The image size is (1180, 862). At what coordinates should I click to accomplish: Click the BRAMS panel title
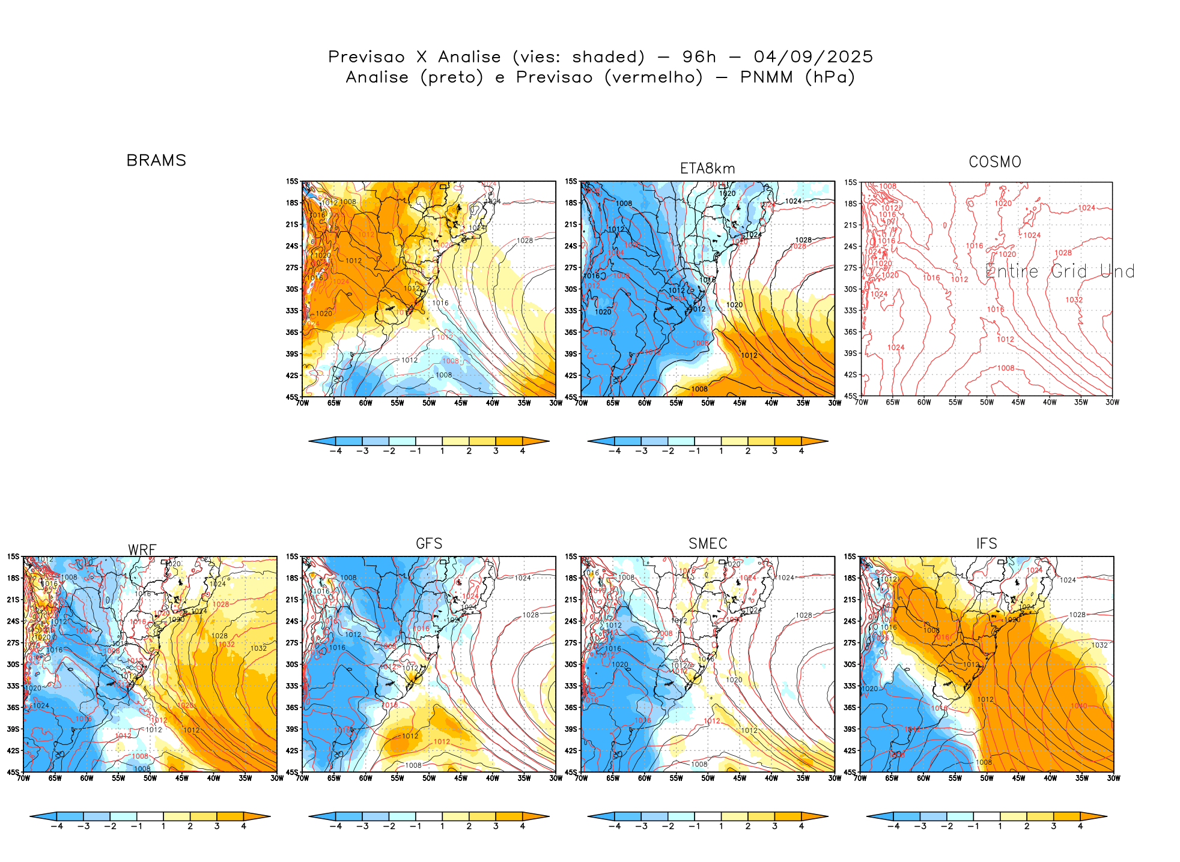pyautogui.click(x=156, y=160)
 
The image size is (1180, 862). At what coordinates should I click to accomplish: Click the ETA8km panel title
pyautogui.click(x=707, y=169)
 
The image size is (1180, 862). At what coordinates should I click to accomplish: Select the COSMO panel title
pyautogui.click(x=994, y=162)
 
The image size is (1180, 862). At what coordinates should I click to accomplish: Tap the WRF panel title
pyautogui.click(x=142, y=550)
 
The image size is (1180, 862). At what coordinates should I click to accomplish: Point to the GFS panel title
pyautogui.click(x=429, y=543)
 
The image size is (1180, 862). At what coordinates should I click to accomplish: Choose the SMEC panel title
pyautogui.click(x=708, y=543)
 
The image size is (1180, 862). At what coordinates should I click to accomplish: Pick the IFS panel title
pyautogui.click(x=987, y=543)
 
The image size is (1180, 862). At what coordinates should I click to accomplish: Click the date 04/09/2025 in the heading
pyautogui.click(x=813, y=57)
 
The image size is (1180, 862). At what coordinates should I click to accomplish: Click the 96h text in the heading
pyautogui.click(x=699, y=57)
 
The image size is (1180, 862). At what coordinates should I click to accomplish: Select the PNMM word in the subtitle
pyautogui.click(x=766, y=77)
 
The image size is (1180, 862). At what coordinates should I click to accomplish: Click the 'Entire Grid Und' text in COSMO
pyautogui.click(x=1060, y=271)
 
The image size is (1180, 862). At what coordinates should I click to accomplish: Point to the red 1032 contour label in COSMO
pyautogui.click(x=1074, y=300)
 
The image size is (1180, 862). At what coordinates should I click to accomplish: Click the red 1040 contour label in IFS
pyautogui.click(x=1078, y=705)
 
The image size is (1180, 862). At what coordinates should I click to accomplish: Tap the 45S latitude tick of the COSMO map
pyautogui.click(x=851, y=396)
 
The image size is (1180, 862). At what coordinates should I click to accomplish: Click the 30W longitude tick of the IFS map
pyautogui.click(x=1113, y=778)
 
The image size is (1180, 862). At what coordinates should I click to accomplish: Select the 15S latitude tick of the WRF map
pyautogui.click(x=13, y=556)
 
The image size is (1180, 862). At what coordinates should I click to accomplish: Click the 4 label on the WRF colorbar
pyautogui.click(x=243, y=826)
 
